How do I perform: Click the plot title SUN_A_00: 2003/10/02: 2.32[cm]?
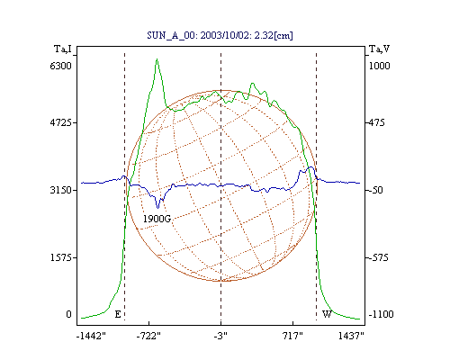pos(220,35)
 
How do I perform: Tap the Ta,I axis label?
pos(63,49)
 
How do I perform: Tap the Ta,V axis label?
pos(379,49)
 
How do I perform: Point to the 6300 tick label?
pos(60,66)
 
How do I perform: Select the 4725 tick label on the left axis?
pos(60,122)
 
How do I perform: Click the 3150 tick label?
pos(60,190)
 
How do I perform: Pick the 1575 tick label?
pos(60,257)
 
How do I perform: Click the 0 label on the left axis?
pos(68,314)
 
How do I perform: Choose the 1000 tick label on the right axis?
pos(379,66)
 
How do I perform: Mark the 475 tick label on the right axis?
pos(376,122)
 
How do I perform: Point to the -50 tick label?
pos(375,190)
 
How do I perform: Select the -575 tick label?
pos(378,257)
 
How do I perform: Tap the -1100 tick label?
pos(381,314)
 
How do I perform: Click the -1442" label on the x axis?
pos(91,336)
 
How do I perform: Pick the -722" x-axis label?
pos(148,336)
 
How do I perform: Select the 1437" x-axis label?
pos(351,336)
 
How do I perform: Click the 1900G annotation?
pos(157,219)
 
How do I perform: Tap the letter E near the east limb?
pos(118,314)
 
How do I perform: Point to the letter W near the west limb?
pos(327,314)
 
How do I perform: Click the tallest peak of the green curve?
pos(157,59)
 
